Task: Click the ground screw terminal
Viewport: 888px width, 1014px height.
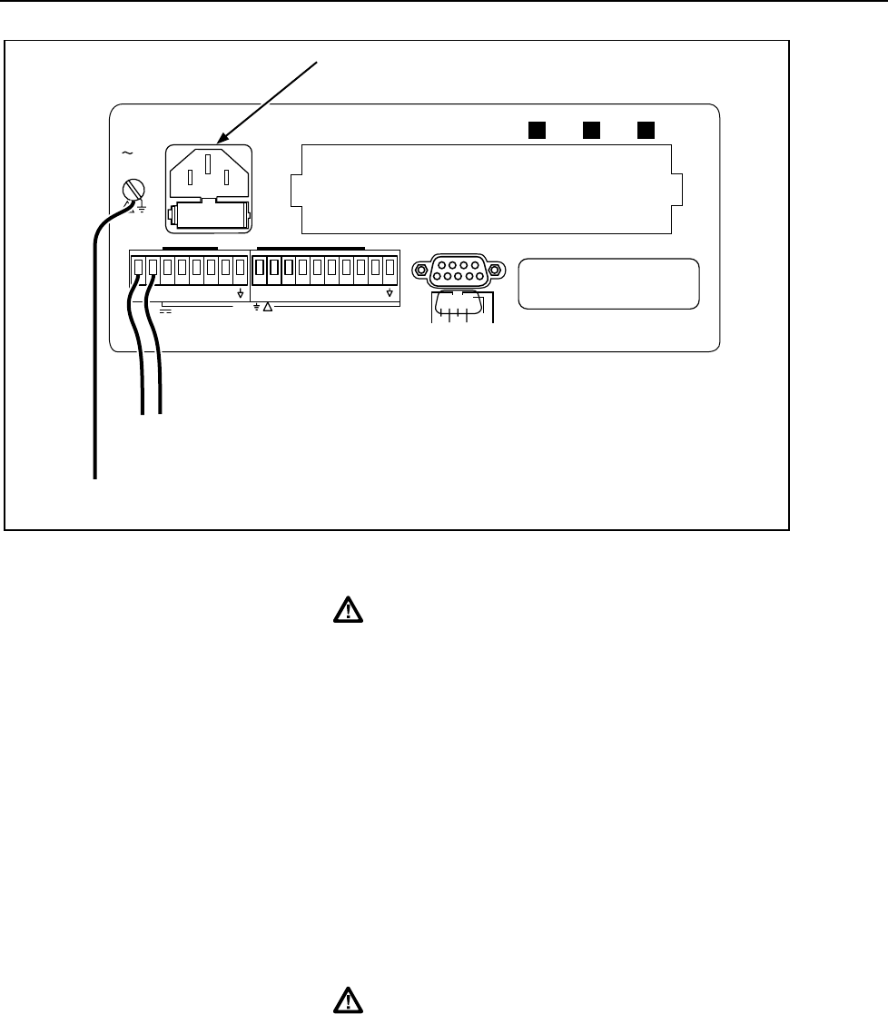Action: (x=133, y=192)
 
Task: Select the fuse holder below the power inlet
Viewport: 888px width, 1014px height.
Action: (x=210, y=215)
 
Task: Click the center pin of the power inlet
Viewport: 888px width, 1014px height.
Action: (x=210, y=166)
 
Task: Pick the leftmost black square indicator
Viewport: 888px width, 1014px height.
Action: (x=537, y=129)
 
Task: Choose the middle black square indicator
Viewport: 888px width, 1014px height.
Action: (x=591, y=129)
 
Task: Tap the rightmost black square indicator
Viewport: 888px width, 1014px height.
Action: (x=646, y=129)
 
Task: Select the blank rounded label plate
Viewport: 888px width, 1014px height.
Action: (x=608, y=283)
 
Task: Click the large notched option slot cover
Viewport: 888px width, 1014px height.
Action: (x=481, y=188)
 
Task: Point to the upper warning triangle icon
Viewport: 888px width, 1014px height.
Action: (x=346, y=611)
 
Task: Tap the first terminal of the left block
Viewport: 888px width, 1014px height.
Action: (x=139, y=268)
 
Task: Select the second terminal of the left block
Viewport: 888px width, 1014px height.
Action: (x=153, y=268)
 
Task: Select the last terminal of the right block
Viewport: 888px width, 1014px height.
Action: (x=390, y=268)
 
